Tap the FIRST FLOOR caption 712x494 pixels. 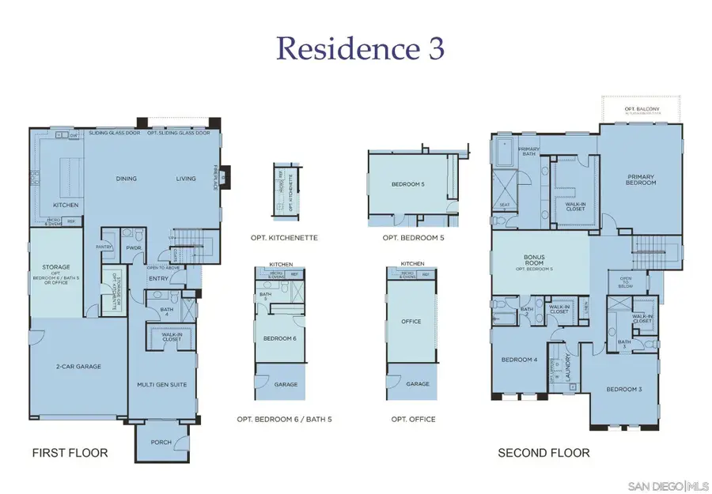[x=70, y=453]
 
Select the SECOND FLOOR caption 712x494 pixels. [x=543, y=453]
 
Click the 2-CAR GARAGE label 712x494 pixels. [x=79, y=366]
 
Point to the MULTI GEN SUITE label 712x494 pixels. [x=161, y=383]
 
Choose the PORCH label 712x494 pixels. [x=161, y=442]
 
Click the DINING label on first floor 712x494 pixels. [x=126, y=179]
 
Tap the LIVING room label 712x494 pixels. [x=186, y=179]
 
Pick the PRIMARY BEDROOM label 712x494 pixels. [x=642, y=179]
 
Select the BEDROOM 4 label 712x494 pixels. [x=519, y=360]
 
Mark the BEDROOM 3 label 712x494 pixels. [x=623, y=389]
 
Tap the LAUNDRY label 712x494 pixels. [x=569, y=365]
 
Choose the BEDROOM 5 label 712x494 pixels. [x=407, y=184]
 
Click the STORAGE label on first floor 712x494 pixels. [x=56, y=267]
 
